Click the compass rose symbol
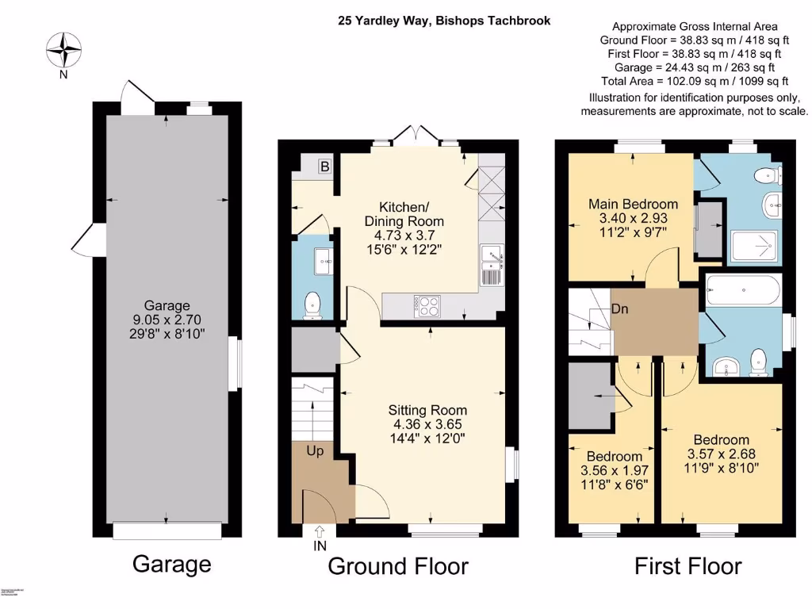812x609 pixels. coord(63,50)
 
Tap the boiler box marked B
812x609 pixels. coord(324,167)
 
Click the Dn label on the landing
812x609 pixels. coord(619,309)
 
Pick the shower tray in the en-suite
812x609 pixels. coord(750,246)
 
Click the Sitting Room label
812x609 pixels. coord(427,410)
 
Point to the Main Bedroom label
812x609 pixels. coord(633,204)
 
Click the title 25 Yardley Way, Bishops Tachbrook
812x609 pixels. coord(443,21)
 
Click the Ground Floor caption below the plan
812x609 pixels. coord(397,566)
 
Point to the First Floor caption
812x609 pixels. coord(688,566)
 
